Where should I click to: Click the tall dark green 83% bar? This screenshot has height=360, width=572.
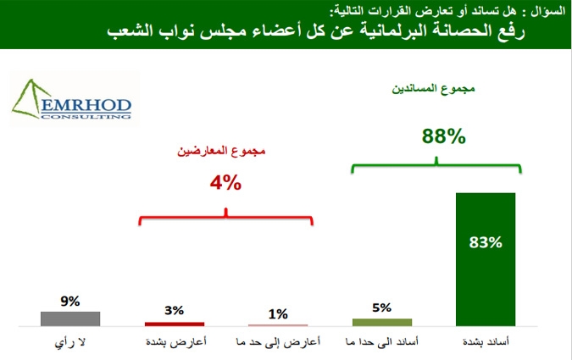486,259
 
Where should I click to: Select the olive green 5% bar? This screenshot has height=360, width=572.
382,323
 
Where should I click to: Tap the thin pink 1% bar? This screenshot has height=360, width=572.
278,325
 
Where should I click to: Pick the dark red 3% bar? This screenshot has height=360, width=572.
175,324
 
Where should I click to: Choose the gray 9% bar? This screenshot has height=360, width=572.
70,318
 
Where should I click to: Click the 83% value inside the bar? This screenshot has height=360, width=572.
486,242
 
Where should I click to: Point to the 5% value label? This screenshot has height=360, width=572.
381,307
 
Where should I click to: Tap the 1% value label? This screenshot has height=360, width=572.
278,314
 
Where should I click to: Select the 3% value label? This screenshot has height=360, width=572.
174,310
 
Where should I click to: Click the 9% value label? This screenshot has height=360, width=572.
70,302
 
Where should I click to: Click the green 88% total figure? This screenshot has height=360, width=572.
443,136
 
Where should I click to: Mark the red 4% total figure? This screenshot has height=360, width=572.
225,182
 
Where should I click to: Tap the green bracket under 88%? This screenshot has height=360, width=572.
436,166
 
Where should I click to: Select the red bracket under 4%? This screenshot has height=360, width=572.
225,218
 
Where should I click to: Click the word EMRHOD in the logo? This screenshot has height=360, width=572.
86,106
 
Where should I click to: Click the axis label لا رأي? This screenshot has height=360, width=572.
70,343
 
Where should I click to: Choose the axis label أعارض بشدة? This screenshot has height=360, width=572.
175,342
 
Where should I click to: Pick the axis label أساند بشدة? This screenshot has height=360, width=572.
486,342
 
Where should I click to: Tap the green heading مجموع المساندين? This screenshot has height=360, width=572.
433,89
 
